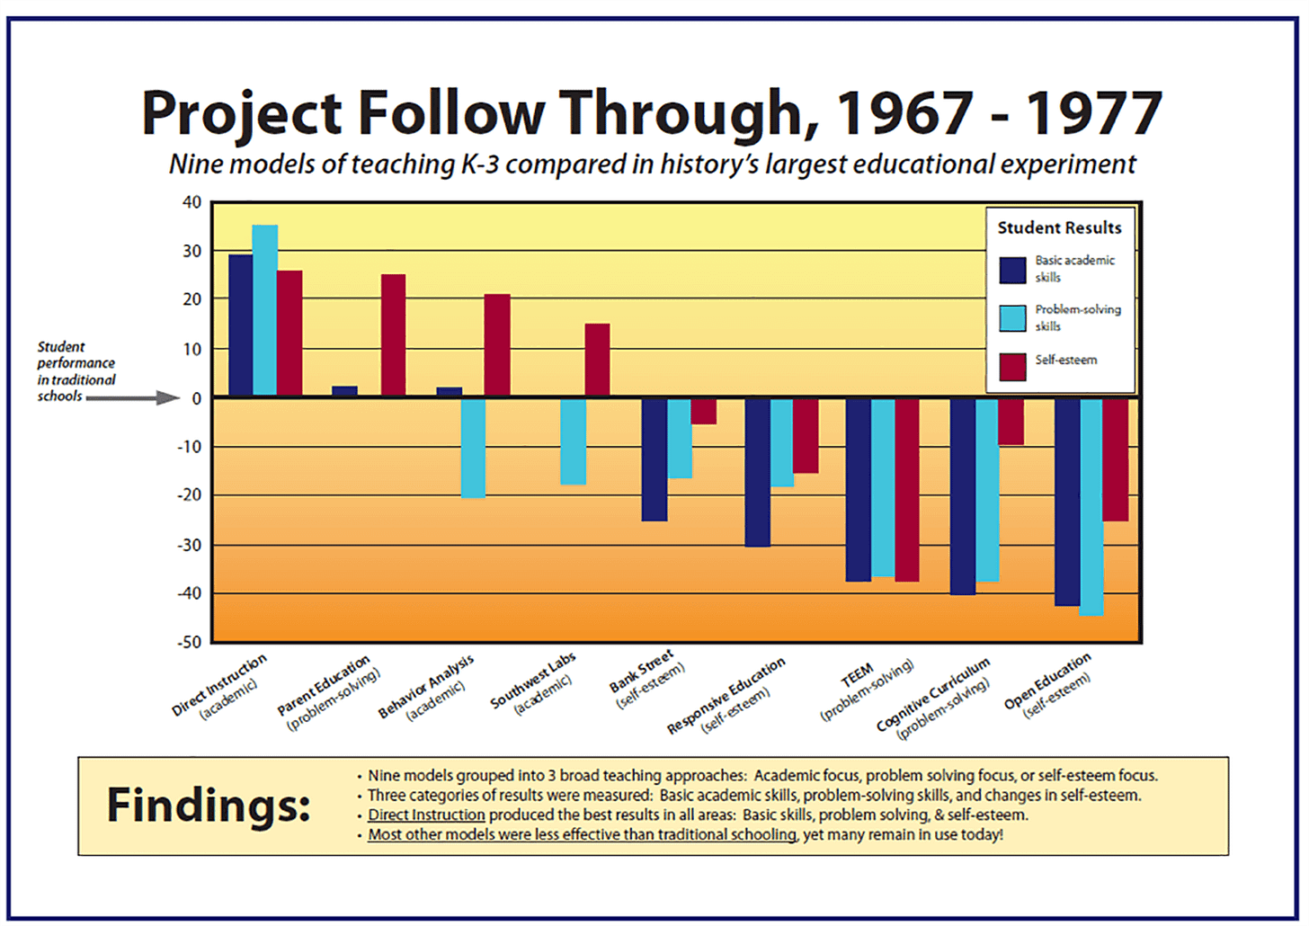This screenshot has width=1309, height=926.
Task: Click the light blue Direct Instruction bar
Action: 265,310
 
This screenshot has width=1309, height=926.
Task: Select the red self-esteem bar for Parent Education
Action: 393,334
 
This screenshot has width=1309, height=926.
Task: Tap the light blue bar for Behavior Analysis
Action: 473,448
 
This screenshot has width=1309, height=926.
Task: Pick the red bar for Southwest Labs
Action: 597,360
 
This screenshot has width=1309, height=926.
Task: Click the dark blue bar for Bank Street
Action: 654,459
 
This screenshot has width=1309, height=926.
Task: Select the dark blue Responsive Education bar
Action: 758,472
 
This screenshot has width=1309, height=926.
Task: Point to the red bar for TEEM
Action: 907,490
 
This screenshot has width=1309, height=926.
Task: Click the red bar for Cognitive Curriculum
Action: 1011,422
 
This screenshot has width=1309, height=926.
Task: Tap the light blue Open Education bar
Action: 1091,507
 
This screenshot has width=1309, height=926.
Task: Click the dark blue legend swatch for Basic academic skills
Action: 1013,270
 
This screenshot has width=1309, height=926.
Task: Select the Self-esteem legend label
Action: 1066,360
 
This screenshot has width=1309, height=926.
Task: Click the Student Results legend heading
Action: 1059,228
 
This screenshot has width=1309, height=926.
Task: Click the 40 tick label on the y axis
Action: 191,202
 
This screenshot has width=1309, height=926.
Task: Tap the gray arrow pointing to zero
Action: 135,397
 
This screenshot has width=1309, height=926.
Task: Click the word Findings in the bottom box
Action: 209,805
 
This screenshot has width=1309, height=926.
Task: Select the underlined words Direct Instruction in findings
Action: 426,815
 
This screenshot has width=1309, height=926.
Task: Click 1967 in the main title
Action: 904,114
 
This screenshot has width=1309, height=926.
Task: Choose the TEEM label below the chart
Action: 856,673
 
